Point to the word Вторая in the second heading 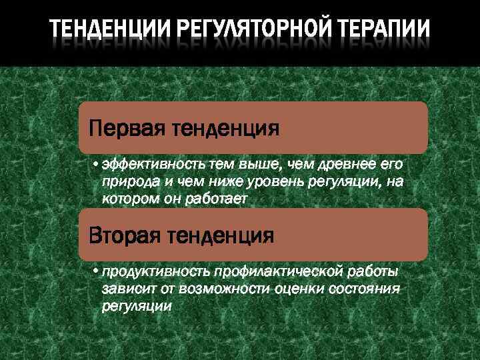click(125, 235)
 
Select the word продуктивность click(156, 271)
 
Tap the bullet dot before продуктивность click(96, 271)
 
